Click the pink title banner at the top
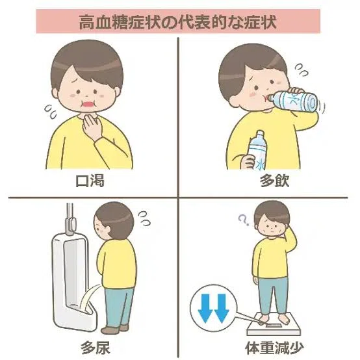point(178,21)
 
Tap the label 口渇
point(90,181)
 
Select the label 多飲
point(274,181)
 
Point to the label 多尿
point(96,348)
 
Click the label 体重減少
point(274,348)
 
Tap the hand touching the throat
point(92,126)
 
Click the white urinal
point(71,283)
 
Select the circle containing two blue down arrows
point(213,308)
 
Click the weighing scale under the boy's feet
point(273,327)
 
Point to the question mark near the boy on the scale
point(243,219)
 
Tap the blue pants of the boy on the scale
point(273,296)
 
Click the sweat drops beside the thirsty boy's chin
point(51,111)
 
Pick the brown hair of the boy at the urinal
point(116,218)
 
